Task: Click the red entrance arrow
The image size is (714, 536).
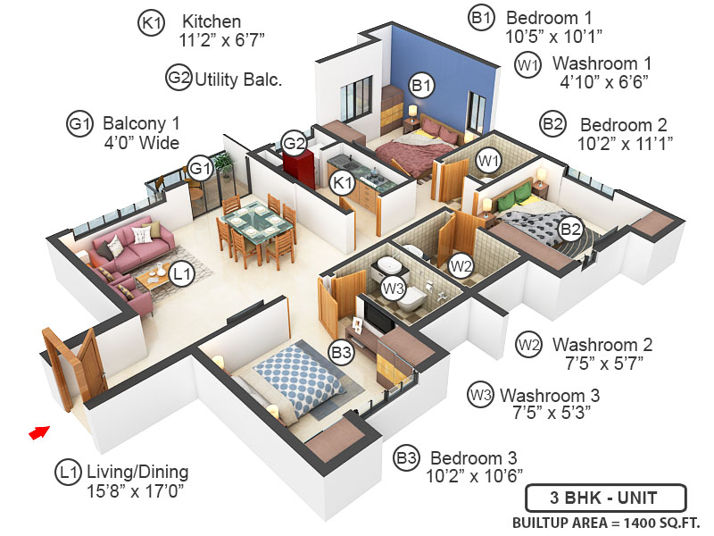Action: click(37, 432)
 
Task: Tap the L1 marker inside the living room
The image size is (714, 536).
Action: click(182, 275)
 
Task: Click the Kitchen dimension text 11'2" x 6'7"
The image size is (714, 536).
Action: click(222, 39)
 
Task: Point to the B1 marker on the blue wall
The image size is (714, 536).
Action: click(421, 86)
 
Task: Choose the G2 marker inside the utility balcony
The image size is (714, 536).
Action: click(294, 143)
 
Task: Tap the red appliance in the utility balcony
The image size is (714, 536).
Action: click(295, 167)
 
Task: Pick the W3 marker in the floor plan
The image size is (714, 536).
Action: click(393, 288)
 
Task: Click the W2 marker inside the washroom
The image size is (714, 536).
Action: click(461, 265)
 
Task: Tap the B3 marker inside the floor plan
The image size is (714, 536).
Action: click(341, 353)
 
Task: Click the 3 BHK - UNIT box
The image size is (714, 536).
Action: click(605, 498)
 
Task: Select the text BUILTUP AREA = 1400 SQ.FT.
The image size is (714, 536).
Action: click(606, 523)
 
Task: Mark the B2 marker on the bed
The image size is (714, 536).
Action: click(570, 230)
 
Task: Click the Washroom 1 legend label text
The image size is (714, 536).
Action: click(602, 64)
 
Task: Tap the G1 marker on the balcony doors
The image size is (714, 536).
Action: click(200, 167)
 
